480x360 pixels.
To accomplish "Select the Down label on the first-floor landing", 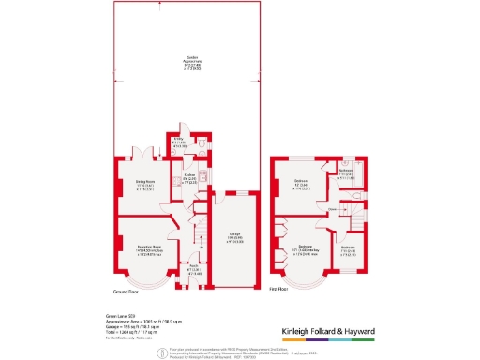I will [x=332, y=209].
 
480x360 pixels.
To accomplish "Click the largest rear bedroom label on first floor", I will [x=301, y=183].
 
